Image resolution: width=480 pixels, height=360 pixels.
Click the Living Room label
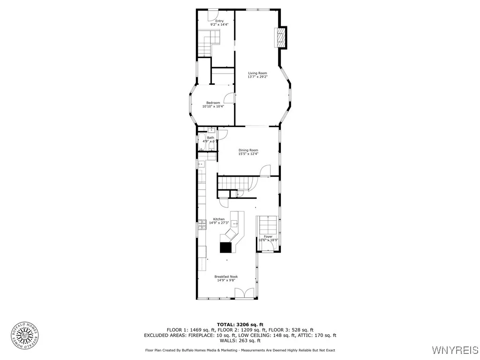257,73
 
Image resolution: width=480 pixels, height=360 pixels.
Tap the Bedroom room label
213,103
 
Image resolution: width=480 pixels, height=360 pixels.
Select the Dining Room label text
248,150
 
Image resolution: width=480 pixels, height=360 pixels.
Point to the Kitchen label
219,219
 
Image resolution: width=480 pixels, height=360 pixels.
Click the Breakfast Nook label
226,277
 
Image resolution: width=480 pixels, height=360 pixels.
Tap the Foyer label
268,236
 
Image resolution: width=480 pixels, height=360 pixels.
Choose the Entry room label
219,21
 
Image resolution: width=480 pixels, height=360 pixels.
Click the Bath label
210,138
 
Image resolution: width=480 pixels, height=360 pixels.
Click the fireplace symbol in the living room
280,37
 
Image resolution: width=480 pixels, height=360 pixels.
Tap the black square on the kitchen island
226,247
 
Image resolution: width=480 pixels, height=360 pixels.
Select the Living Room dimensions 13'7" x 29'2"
257,77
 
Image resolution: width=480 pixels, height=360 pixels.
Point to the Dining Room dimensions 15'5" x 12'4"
248,154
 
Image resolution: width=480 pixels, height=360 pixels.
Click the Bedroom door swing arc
229,97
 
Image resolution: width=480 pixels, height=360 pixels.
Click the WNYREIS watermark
455,350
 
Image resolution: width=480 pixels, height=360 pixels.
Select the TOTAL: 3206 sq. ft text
240,324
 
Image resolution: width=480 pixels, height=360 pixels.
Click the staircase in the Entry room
209,42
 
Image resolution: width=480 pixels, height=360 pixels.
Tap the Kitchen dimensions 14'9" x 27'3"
219,223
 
